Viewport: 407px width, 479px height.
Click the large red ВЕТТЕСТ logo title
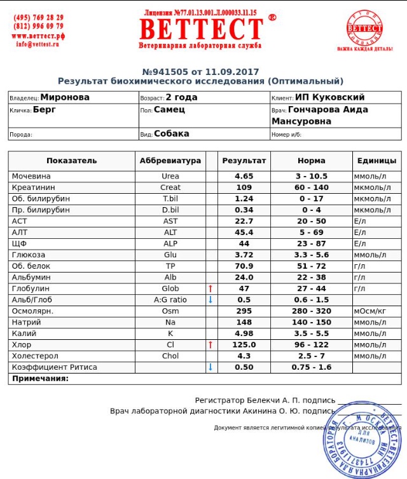[x=201, y=29]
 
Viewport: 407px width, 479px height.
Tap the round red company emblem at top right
[x=365, y=28]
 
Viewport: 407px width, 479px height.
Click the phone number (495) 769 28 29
[x=38, y=17]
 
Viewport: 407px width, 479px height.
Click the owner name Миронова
[x=64, y=98]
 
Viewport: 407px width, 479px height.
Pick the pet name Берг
[x=45, y=109]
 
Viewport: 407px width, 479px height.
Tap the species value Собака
[x=172, y=134]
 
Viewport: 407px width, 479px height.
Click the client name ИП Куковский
[x=329, y=98]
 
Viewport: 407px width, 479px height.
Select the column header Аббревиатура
[x=170, y=161]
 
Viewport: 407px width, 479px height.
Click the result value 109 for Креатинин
[x=244, y=187]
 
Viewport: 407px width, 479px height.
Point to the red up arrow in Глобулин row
[x=210, y=288]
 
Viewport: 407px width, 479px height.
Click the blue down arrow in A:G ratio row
[x=210, y=299]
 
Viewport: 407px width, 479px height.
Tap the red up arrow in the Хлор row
[x=210, y=344]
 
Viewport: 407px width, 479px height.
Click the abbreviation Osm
[x=170, y=311]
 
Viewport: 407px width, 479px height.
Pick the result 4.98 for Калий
[x=244, y=334]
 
